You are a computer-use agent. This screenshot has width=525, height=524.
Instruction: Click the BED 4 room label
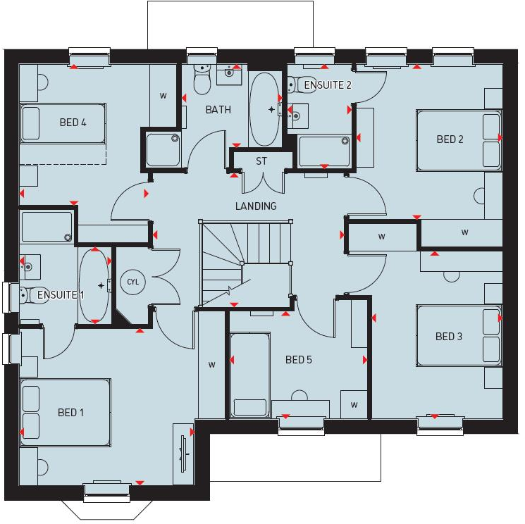tap(73, 123)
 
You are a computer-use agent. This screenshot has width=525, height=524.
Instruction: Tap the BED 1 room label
tap(70, 412)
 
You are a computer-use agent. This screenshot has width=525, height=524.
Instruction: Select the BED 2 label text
tap(450, 139)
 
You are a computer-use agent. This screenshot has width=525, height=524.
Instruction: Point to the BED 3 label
tap(449, 337)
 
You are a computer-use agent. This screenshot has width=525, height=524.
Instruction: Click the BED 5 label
tap(298, 360)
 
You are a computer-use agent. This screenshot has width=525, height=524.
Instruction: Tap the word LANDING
tap(256, 206)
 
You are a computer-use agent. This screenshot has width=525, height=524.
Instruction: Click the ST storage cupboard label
tap(261, 161)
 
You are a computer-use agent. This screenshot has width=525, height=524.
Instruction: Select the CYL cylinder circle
tap(132, 282)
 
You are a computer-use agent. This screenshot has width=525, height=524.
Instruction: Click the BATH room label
tap(218, 110)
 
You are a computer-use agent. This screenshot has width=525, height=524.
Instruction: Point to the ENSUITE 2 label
tap(327, 85)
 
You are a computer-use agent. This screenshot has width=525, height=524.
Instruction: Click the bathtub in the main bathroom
tap(264, 109)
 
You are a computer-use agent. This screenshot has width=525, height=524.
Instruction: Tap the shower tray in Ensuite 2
tap(323, 151)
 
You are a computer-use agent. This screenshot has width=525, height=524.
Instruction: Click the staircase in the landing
tap(245, 263)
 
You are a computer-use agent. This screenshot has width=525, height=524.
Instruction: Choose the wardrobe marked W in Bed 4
tap(163, 95)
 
